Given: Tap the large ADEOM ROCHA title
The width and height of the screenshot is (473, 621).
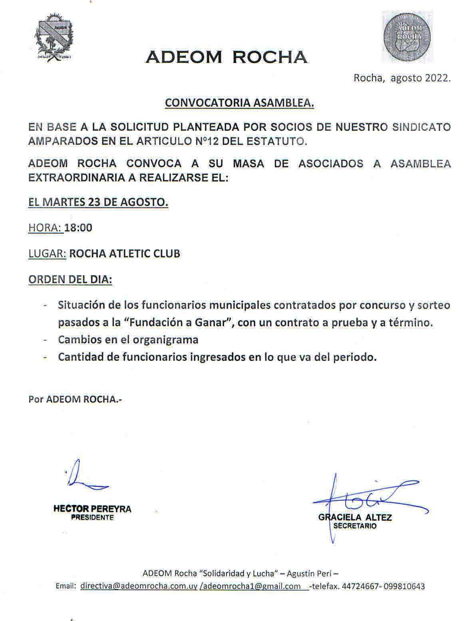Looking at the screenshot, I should tap(227, 57).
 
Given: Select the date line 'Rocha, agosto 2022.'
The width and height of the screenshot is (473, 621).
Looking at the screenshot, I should tap(402, 78).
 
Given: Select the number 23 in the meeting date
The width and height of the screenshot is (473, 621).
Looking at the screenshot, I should tap(94, 202).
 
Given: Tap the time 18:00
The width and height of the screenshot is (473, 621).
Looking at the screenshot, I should tap(78, 228).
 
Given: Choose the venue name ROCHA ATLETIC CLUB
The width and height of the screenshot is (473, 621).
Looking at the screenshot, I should tap(125, 254).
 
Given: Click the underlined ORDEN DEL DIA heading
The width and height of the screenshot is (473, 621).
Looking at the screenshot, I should tap(70, 279).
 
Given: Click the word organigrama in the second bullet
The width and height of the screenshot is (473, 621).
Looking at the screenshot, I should tap(165, 339).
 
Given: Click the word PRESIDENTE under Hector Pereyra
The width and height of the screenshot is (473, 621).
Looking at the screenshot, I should tap(92, 517).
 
